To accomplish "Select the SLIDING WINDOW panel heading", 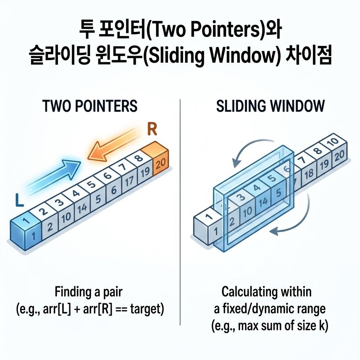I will [270, 106].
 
